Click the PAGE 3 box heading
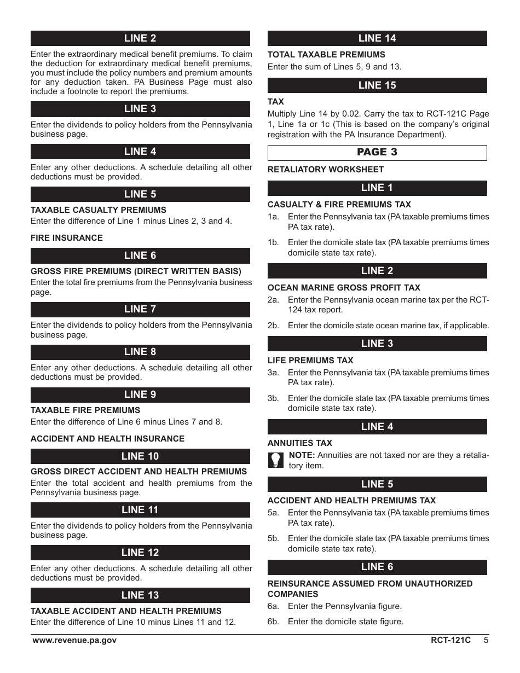(x=377, y=152)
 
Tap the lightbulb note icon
(x=275, y=460)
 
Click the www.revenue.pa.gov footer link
(x=74, y=640)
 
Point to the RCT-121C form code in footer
(x=450, y=640)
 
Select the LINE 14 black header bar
(x=377, y=38)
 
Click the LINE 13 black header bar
(x=140, y=595)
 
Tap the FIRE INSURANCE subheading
(x=67, y=238)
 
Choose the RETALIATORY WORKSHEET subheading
(x=326, y=170)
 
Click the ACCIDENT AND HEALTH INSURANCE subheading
(x=107, y=439)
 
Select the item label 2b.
(x=273, y=326)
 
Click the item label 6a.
(x=273, y=606)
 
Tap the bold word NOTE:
(x=302, y=455)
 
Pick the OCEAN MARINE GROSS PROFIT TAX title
(x=344, y=288)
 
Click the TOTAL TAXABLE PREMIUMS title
(x=326, y=55)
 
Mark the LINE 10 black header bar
(x=140, y=456)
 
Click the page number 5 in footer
(x=486, y=640)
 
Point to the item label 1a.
(x=273, y=217)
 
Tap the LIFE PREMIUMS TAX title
(x=310, y=361)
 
